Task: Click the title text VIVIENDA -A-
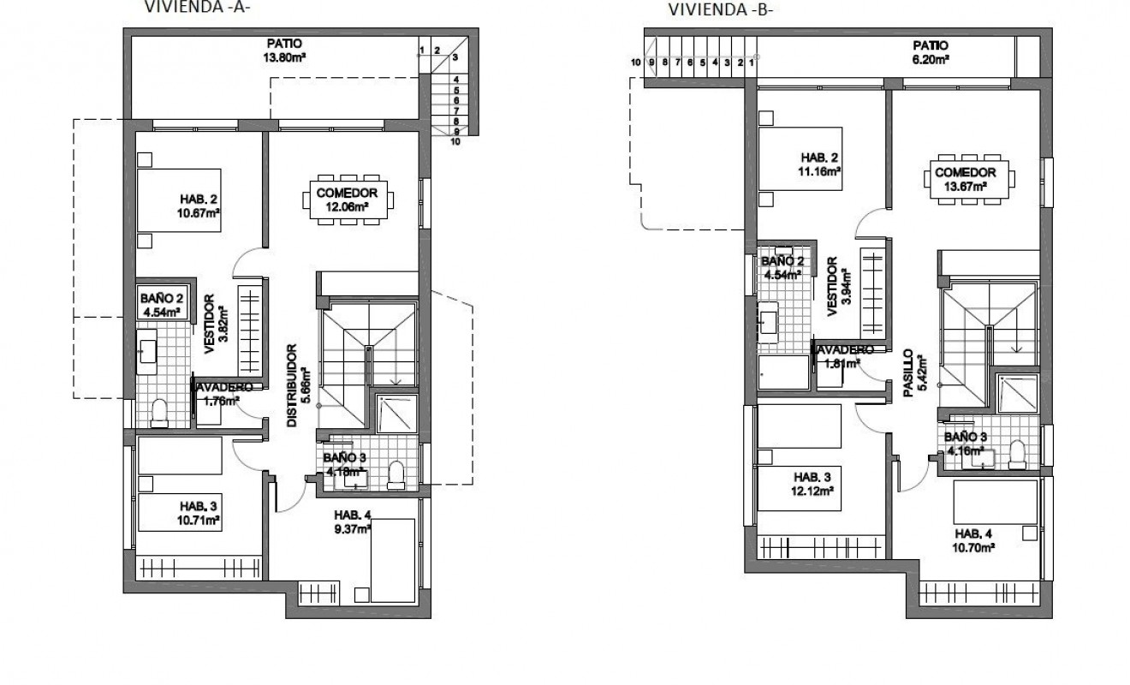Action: pyautogui.click(x=201, y=8)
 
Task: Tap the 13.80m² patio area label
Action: pyautogui.click(x=285, y=51)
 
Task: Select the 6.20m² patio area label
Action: pyautogui.click(x=931, y=52)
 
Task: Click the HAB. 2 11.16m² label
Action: pyautogui.click(x=821, y=164)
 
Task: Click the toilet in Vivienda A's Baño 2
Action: pyautogui.click(x=158, y=414)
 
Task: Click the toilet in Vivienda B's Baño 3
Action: pyautogui.click(x=1017, y=455)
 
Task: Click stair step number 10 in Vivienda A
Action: pyautogui.click(x=455, y=142)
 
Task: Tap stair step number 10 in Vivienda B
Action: pyautogui.click(x=636, y=62)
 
